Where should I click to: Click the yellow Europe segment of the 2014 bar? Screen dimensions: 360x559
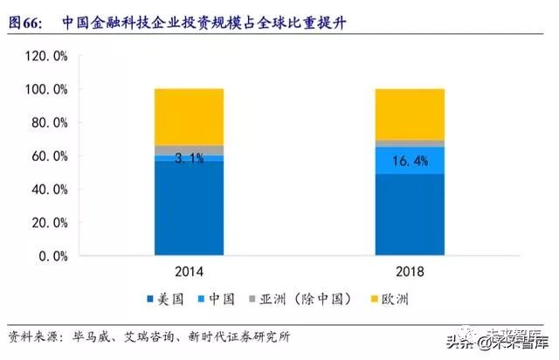click(189, 117)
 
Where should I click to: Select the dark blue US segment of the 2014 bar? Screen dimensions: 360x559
click(189, 210)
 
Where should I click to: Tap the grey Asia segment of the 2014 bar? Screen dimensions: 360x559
click(189, 149)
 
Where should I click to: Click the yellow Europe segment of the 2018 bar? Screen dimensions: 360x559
click(410, 114)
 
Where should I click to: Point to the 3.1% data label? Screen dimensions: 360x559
click(189, 158)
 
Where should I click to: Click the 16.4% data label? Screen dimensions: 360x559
click(410, 161)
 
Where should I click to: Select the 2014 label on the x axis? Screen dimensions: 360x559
click(189, 273)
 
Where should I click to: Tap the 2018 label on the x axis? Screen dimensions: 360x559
click(410, 273)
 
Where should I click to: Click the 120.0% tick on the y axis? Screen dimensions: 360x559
click(45, 56)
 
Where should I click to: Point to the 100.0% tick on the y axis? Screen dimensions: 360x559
click(45, 89)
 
